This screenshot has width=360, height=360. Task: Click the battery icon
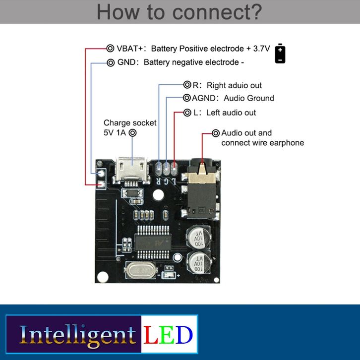click(280, 54)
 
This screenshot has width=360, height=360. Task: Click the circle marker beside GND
click(110, 62)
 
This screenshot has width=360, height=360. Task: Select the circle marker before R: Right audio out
click(187, 85)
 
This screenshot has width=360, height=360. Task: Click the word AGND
click(205, 98)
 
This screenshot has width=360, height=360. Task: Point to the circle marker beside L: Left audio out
click(187, 113)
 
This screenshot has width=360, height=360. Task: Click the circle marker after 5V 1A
click(132, 133)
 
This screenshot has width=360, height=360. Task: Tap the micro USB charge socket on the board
click(131, 170)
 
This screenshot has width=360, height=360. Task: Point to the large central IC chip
click(153, 241)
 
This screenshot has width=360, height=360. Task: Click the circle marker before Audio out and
click(216, 133)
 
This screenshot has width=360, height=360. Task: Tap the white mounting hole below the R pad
click(159, 194)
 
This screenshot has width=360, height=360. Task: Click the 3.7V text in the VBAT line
click(260, 49)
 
